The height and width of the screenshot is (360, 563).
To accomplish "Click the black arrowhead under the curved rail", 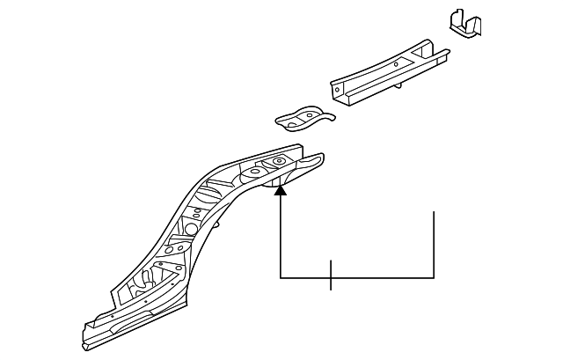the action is pyautogui.click(x=280, y=185).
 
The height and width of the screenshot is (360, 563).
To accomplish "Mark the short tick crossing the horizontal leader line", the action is pyautogui.click(x=331, y=276).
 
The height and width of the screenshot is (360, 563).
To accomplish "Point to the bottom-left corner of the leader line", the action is pyautogui.click(x=280, y=278).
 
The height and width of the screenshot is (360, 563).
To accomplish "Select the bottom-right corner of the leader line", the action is pyautogui.click(x=435, y=278).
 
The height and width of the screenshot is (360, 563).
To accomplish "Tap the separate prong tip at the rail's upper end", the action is pyautogui.click(x=317, y=160).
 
